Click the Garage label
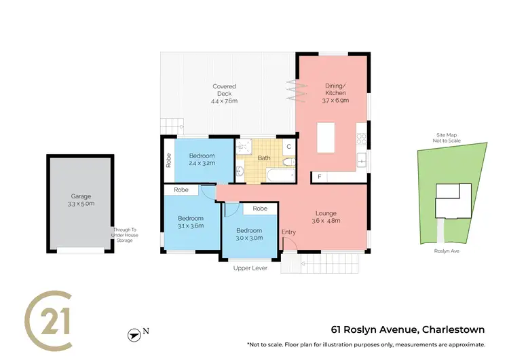click(x=80, y=196)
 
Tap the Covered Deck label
click(x=224, y=87)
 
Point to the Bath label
click(x=264, y=158)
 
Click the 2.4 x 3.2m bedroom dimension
click(x=202, y=164)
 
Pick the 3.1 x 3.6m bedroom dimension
click(x=190, y=226)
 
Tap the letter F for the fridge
click(x=319, y=177)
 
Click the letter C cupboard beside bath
click(x=288, y=146)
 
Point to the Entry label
click(x=289, y=233)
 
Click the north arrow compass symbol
click(x=134, y=334)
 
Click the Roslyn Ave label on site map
click(x=448, y=251)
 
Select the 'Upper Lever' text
click(x=250, y=268)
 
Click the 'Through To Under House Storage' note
click(x=124, y=234)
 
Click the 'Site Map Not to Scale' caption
click(x=447, y=138)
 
